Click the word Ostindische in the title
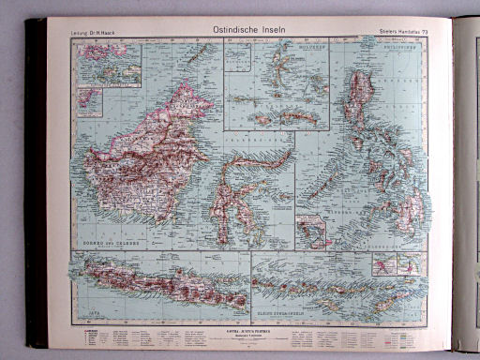click(x=221, y=29)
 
